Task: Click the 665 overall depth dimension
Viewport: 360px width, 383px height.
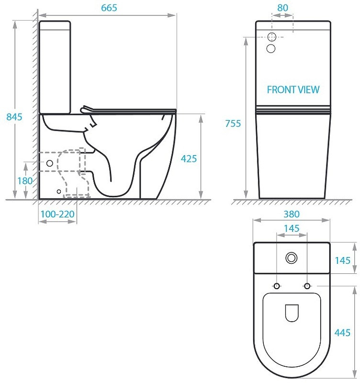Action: pos(109,8)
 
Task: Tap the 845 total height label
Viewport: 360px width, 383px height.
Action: pos(14,117)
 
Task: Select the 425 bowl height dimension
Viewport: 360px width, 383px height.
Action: pos(189,159)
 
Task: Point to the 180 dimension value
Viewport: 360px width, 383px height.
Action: pos(25,181)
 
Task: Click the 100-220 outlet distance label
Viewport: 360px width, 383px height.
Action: pos(57,214)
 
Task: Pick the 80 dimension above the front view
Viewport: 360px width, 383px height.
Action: pos(282,8)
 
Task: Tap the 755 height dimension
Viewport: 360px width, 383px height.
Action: pos(233,124)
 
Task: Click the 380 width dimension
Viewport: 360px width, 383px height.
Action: pos(292,214)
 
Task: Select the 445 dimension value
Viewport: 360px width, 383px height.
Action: pos(342,332)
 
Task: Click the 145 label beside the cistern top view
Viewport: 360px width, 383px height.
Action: pos(342,260)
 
